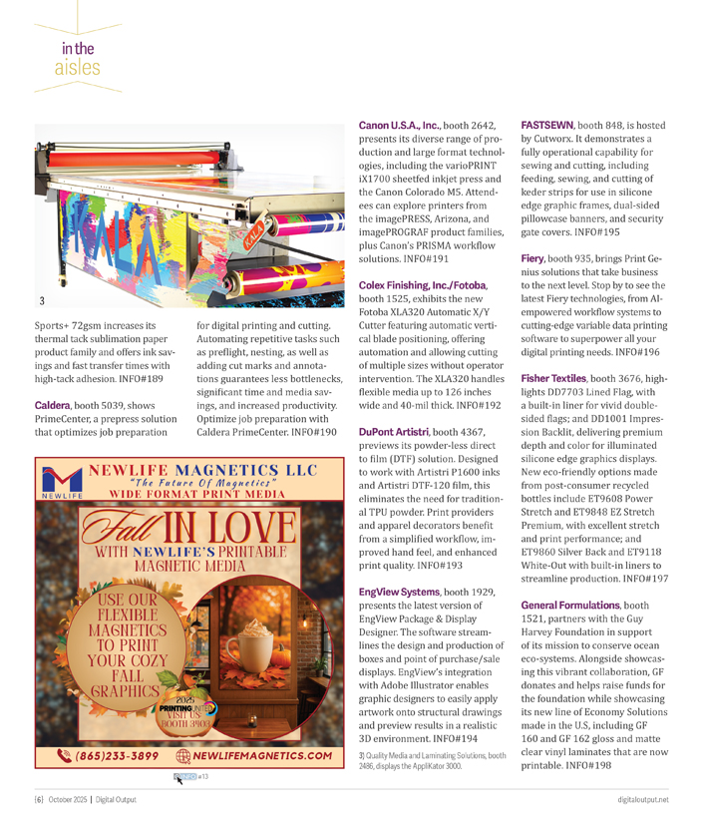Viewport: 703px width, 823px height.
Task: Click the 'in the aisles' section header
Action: click(78, 57)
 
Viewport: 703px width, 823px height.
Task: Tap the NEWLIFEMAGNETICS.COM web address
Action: click(264, 755)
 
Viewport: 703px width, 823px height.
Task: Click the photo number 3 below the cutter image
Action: click(42, 300)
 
